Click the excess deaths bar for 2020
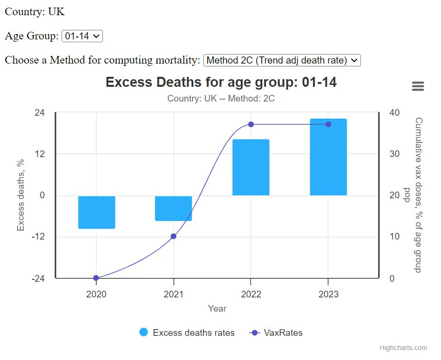click(x=97, y=212)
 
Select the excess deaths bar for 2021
click(x=174, y=208)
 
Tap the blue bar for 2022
click(x=251, y=167)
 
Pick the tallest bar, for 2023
click(x=328, y=157)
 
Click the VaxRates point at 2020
click(x=96, y=278)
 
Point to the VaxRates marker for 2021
click(x=174, y=236)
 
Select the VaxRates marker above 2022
click(x=251, y=124)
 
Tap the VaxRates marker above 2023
click(x=328, y=124)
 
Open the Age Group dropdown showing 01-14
click(x=82, y=36)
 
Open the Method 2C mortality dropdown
click(x=282, y=60)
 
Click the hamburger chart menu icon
click(x=418, y=86)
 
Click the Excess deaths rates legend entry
click(x=187, y=332)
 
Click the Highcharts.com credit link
click(x=403, y=348)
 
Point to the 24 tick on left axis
click(x=39, y=112)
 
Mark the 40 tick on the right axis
click(x=395, y=112)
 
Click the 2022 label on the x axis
click(x=251, y=294)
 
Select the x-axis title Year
click(x=217, y=308)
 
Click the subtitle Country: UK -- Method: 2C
click(x=221, y=99)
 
